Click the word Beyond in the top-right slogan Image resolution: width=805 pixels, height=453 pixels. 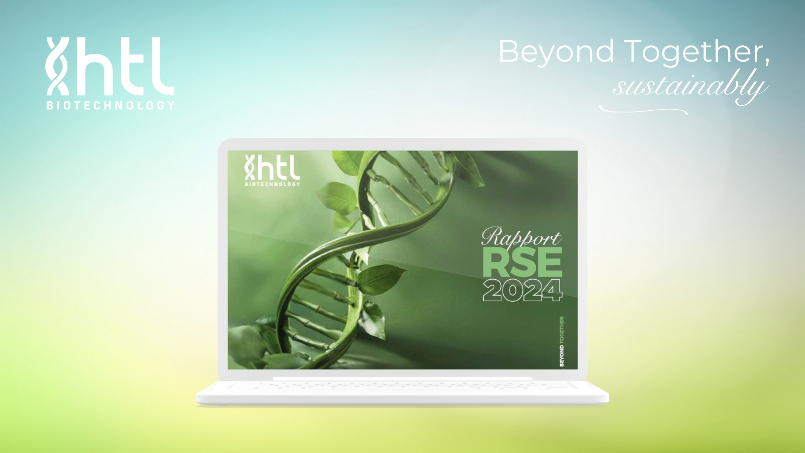556,52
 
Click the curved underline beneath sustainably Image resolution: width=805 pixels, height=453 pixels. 643,110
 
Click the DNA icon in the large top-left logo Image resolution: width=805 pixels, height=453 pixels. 57,66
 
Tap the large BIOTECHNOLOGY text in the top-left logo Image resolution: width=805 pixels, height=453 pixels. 110,105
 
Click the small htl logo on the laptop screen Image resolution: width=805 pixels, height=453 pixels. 272,170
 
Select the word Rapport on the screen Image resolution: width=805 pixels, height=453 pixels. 521,237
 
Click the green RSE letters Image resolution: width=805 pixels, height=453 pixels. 522,262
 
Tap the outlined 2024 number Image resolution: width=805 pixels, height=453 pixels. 522,290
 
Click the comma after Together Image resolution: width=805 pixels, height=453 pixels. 767,62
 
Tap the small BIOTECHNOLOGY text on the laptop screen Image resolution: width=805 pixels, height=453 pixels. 273,184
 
